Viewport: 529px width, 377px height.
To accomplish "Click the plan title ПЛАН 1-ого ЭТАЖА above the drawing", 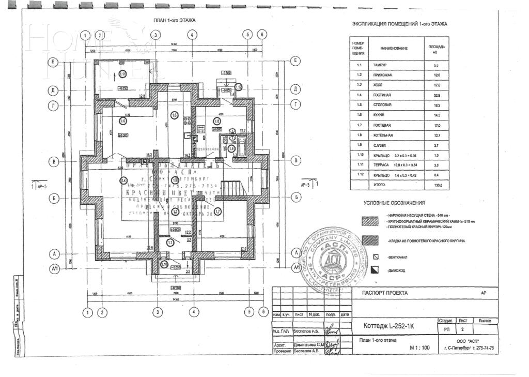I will coord(174,20).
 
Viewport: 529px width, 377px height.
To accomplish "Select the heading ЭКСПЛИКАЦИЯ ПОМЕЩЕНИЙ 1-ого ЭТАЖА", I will coord(399,24).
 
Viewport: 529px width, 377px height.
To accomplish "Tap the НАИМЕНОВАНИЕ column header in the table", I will coord(394,48).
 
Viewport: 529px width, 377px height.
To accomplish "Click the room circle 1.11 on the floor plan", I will coord(122,74).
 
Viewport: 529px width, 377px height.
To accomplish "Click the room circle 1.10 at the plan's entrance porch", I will coord(164,264).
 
